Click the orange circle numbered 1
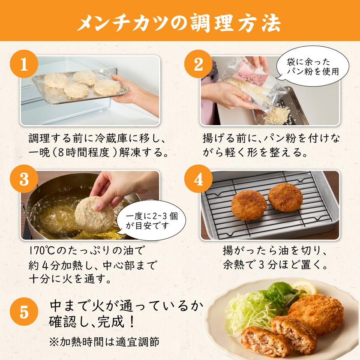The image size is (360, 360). [x=24, y=64]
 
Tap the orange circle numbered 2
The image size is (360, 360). [x=198, y=64]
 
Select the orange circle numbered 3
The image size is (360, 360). [x=24, y=179]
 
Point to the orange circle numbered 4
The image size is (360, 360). [x=198, y=179]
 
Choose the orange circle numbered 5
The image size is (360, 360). [x=24, y=312]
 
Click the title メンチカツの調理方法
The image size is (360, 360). [x=180, y=22]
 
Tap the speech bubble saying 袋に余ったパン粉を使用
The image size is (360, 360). [x=312, y=66]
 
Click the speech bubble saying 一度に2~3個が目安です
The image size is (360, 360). [x=151, y=220]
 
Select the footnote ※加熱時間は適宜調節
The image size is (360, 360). [x=104, y=342]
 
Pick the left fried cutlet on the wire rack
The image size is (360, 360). [x=249, y=205]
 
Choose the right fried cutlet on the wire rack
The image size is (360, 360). [x=285, y=197]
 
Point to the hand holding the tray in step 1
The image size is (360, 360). [x=135, y=93]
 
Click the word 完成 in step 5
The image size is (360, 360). [x=111, y=321]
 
